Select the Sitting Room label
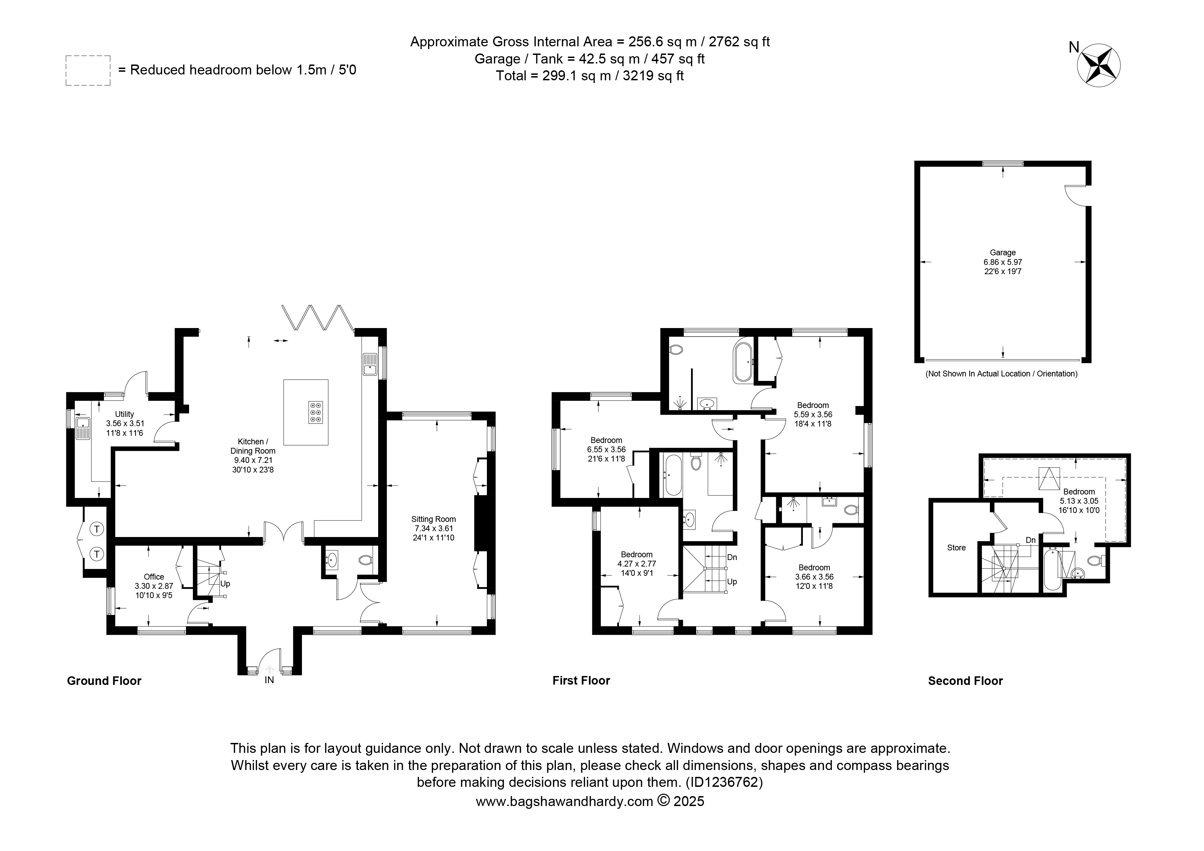point(434,519)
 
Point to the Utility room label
point(125,414)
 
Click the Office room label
point(154,577)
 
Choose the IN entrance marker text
point(269,680)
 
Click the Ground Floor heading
point(104,680)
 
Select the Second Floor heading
point(966,680)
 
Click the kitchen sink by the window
point(370,363)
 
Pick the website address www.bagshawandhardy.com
point(564,801)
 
